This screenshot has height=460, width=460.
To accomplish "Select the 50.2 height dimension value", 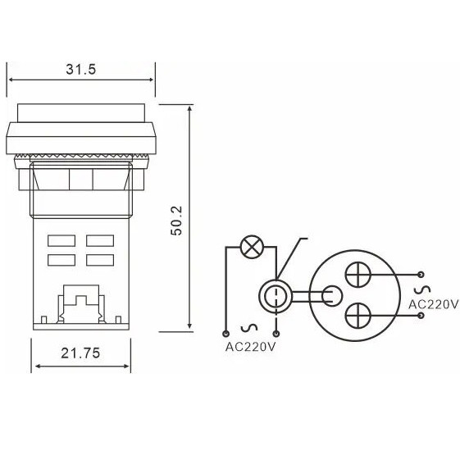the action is [x=176, y=221].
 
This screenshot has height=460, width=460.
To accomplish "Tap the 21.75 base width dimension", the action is [x=80, y=353].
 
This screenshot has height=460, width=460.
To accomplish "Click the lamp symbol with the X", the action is [x=252, y=247].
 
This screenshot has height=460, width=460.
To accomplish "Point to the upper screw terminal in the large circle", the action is [x=358, y=275].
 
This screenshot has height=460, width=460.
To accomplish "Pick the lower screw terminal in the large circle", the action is [x=358, y=316].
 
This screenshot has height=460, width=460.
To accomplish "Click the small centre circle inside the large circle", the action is [x=332, y=296].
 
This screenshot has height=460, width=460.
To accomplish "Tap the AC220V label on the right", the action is [x=433, y=304].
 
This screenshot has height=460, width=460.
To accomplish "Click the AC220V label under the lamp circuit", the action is [x=251, y=347].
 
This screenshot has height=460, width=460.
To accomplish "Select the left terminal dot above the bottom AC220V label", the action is [x=225, y=334].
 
